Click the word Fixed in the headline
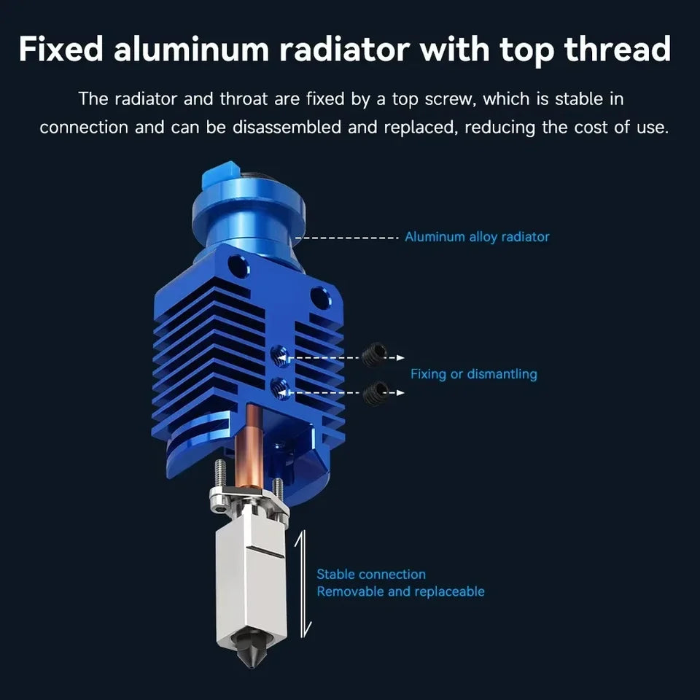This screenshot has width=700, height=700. tap(61, 48)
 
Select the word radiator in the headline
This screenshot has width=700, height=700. tap(344, 48)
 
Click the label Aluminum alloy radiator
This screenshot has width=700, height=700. tap(477, 236)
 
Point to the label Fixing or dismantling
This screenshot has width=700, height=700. tap(474, 374)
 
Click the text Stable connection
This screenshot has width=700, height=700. tap(371, 574)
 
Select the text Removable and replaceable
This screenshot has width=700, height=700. tap(400, 591)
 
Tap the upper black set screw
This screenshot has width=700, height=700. tap(374, 354)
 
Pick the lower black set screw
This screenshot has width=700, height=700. tap(375, 393)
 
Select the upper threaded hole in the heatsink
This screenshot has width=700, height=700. tap(280, 357)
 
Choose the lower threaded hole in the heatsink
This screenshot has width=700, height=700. tap(280, 389)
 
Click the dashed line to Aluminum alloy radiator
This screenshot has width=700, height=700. tap(347, 238)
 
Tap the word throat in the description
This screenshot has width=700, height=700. tap(244, 99)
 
